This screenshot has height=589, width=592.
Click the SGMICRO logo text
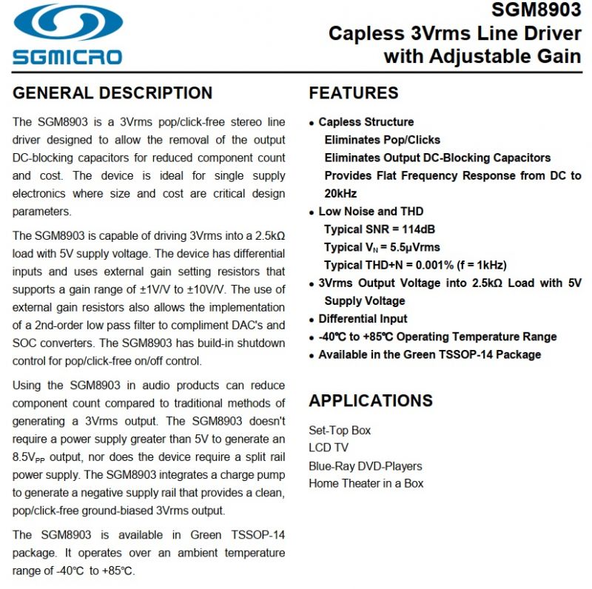click(x=67, y=56)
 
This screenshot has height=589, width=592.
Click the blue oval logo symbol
click(x=67, y=23)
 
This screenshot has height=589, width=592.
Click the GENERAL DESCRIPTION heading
click(x=112, y=93)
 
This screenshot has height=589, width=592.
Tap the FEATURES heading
click(x=354, y=93)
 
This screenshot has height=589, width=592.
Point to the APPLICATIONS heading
click(x=371, y=400)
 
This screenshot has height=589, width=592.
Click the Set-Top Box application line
click(x=340, y=430)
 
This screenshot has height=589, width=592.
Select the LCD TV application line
click(x=329, y=448)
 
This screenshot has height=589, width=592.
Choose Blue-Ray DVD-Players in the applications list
click(x=366, y=466)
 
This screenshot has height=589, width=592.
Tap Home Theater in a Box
click(x=366, y=484)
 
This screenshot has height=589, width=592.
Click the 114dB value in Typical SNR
click(x=419, y=229)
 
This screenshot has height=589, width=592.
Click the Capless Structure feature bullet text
click(x=366, y=122)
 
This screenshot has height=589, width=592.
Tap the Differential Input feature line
click(x=363, y=319)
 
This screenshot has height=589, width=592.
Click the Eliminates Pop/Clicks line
click(x=382, y=140)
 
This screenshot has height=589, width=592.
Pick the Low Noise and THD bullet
click(x=371, y=212)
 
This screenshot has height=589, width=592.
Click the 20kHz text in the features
click(x=340, y=193)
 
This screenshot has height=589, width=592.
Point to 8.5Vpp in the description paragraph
click(x=32, y=457)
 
